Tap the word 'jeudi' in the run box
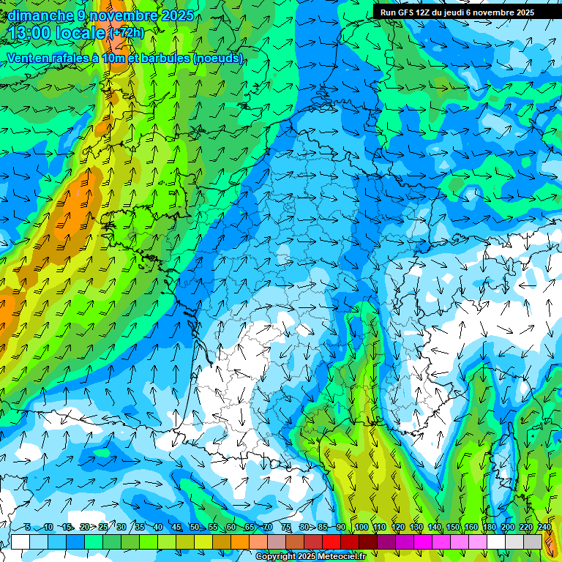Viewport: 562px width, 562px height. [x=451, y=12]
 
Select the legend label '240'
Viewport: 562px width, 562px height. [x=544, y=528]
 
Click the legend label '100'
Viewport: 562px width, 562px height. [x=361, y=528]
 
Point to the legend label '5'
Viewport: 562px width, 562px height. [x=28, y=528]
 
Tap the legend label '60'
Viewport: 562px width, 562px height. [x=231, y=528]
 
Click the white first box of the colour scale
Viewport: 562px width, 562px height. [x=20, y=542]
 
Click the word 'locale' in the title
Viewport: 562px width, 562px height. [x=81, y=33]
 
